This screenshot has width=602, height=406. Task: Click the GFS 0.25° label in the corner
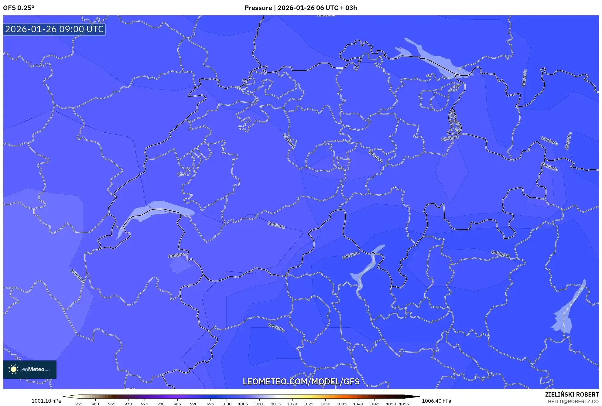[x=19, y=8]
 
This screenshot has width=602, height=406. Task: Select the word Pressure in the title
[x=258, y=8]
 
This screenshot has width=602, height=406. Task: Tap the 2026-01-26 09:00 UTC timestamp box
[x=54, y=29]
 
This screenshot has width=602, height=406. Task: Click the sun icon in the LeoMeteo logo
[x=13, y=369]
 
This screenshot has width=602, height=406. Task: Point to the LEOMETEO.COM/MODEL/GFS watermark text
[x=301, y=381]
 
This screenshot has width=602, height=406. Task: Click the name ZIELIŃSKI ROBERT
[x=572, y=394]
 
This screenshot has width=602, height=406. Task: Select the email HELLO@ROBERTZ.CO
[x=573, y=401]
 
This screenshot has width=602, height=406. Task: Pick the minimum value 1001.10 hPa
[x=46, y=401]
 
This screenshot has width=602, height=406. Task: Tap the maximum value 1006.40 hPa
[x=436, y=401]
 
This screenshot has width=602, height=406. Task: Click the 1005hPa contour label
[x=276, y=225]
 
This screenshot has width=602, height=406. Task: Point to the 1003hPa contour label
[x=549, y=141]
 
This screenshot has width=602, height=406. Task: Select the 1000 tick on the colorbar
[x=227, y=404]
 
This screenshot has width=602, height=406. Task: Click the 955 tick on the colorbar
[x=79, y=404]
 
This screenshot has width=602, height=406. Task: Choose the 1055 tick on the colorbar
[x=404, y=404]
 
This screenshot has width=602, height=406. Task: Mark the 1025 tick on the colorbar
[x=309, y=404]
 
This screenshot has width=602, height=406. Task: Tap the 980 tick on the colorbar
[x=161, y=404]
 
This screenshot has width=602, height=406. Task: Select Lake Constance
[x=434, y=59]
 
